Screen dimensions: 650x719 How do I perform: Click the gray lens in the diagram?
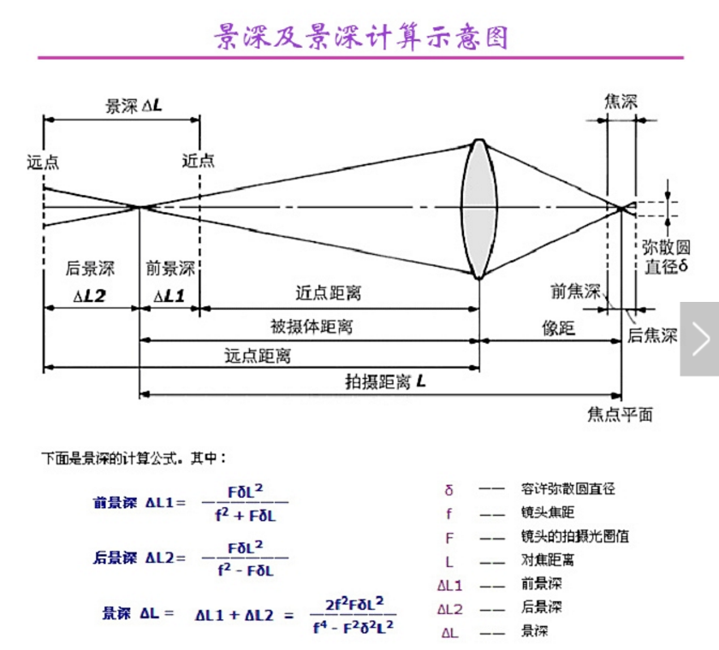coord(479,209)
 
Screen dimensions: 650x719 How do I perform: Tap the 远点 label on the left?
coord(43,161)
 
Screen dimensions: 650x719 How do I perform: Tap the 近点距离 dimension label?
coord(328,293)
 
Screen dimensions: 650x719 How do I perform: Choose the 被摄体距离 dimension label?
coord(312,326)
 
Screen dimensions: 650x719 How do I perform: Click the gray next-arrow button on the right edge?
coord(699,339)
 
